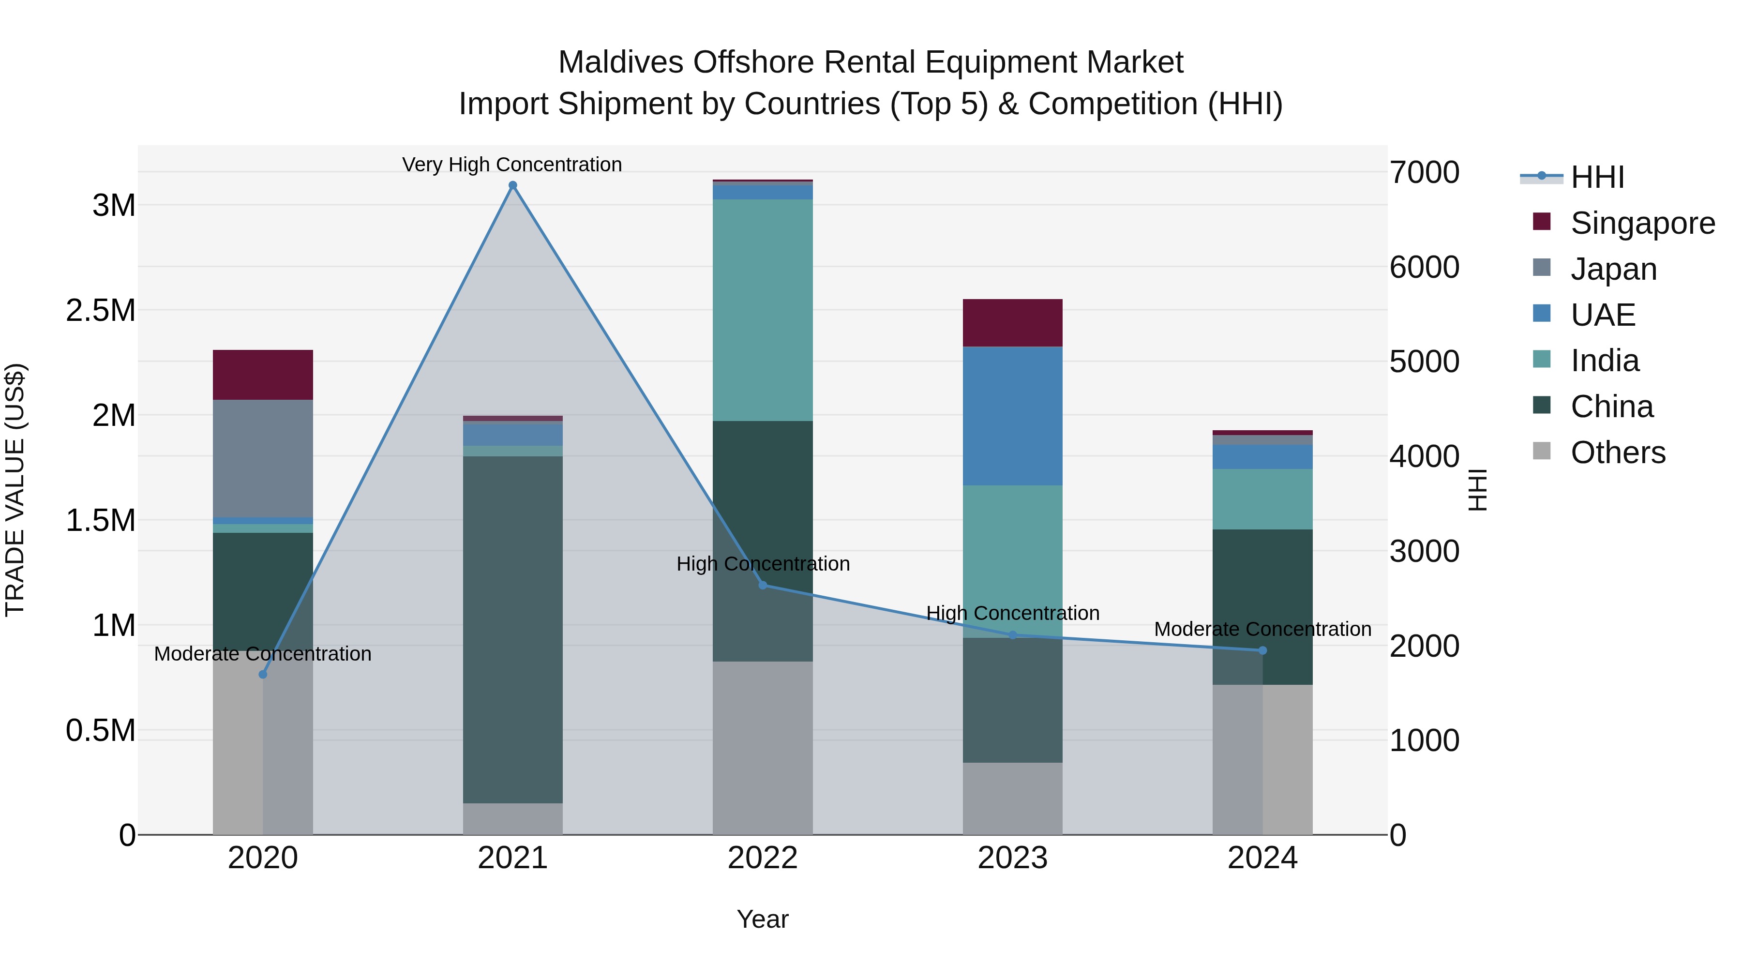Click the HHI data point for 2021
[x=512, y=185]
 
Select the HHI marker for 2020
[x=263, y=674]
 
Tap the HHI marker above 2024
[x=1262, y=650]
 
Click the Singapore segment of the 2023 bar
[x=1012, y=323]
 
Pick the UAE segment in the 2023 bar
[x=1012, y=416]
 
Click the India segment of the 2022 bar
[x=763, y=310]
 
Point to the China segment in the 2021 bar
[x=512, y=629]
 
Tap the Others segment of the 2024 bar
[x=1262, y=759]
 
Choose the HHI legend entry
[x=1597, y=177]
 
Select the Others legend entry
[x=1618, y=452]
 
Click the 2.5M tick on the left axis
[x=101, y=310]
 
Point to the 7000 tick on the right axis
[x=1424, y=172]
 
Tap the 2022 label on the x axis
[x=763, y=858]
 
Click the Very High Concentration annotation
[x=512, y=165]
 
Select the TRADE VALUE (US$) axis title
[x=15, y=490]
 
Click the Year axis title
[x=762, y=919]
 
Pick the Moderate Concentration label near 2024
[x=1262, y=629]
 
